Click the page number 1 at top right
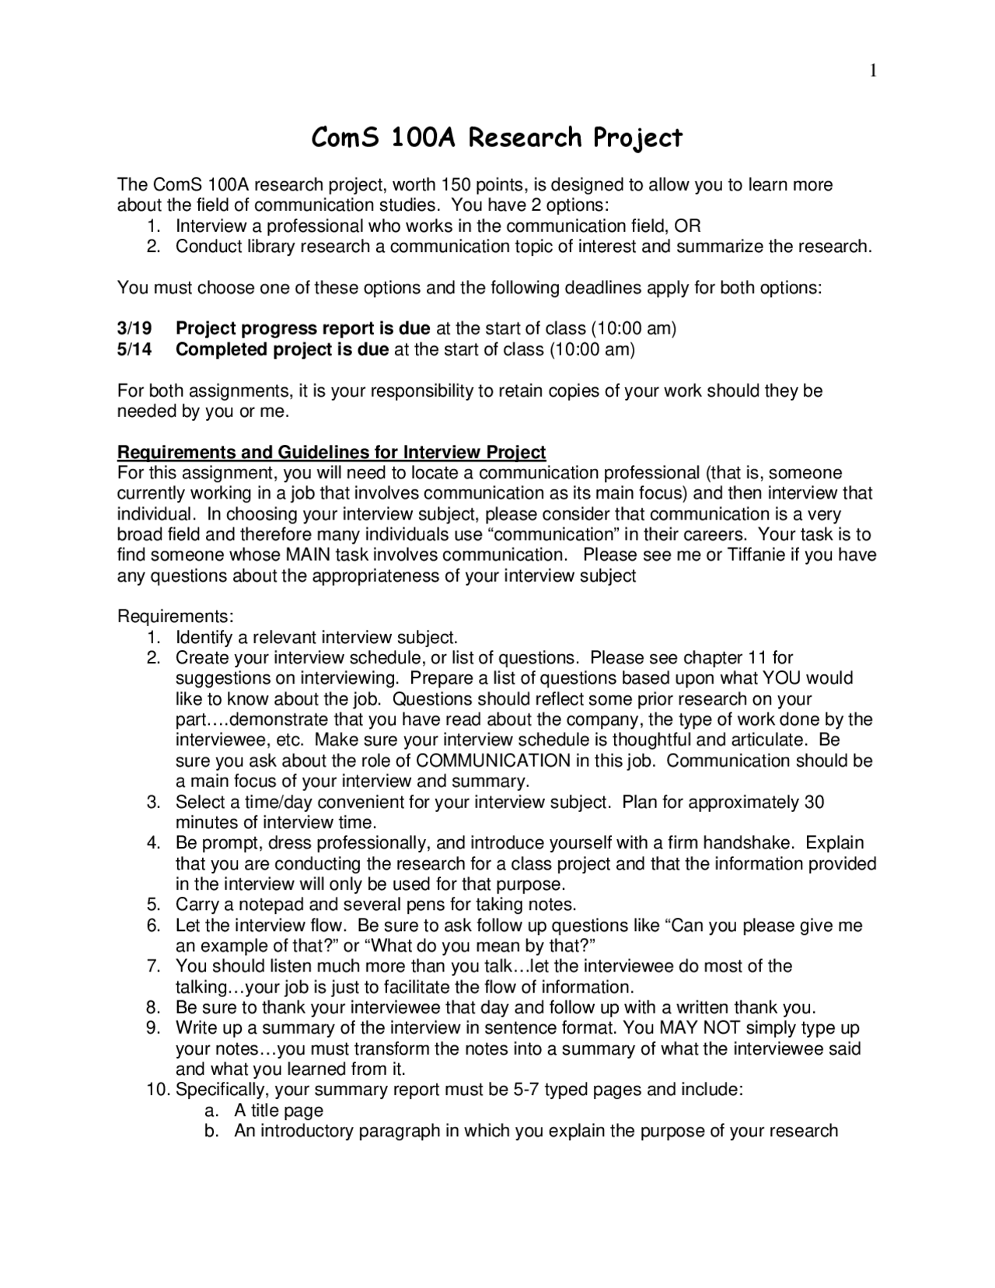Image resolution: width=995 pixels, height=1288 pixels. [873, 72]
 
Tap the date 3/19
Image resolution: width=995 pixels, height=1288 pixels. [134, 328]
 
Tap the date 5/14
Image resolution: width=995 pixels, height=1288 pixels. [134, 349]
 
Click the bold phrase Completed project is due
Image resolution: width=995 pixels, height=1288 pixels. [282, 349]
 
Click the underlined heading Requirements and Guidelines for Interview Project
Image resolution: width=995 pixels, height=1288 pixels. [331, 452]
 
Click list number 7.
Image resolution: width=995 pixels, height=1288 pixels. [153, 967]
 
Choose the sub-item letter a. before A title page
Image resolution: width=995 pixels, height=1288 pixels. [210, 1111]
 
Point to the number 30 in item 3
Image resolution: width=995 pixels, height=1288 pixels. [814, 802]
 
